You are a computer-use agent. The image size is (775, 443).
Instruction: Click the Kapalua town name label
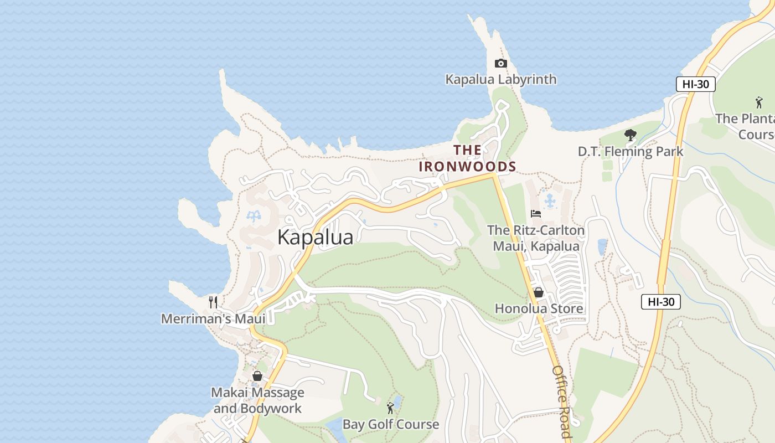(x=315, y=237)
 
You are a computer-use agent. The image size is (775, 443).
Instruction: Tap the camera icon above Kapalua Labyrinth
(x=500, y=63)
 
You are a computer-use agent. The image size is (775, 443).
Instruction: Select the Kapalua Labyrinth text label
(x=501, y=79)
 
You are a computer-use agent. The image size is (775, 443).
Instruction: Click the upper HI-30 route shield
(x=695, y=84)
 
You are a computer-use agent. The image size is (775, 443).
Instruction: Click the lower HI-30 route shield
(x=660, y=302)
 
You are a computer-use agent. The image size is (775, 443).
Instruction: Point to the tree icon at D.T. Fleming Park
(x=630, y=135)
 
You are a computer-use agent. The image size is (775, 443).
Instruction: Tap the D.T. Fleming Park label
(x=631, y=151)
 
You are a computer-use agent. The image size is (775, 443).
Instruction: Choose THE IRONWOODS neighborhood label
(x=468, y=158)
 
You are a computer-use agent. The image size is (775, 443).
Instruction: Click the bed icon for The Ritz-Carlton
(x=535, y=213)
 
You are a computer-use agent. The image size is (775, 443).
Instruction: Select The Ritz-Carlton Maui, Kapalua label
(x=536, y=238)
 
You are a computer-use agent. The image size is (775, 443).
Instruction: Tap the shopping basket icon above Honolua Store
(x=538, y=292)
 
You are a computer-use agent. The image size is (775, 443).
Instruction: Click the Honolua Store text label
(x=539, y=308)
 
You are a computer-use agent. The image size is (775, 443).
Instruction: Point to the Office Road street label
(x=561, y=401)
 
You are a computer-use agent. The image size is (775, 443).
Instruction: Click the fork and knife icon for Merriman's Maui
(x=213, y=302)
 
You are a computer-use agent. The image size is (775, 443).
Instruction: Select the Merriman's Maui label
(x=213, y=318)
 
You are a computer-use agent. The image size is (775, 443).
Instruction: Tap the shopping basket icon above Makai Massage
(x=257, y=376)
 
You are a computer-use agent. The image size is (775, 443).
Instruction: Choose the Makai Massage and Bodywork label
(x=257, y=400)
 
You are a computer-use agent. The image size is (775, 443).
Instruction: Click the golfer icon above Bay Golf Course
(x=390, y=408)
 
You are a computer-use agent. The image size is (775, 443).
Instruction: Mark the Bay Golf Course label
(x=390, y=425)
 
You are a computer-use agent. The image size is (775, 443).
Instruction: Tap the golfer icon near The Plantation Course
(x=758, y=102)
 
